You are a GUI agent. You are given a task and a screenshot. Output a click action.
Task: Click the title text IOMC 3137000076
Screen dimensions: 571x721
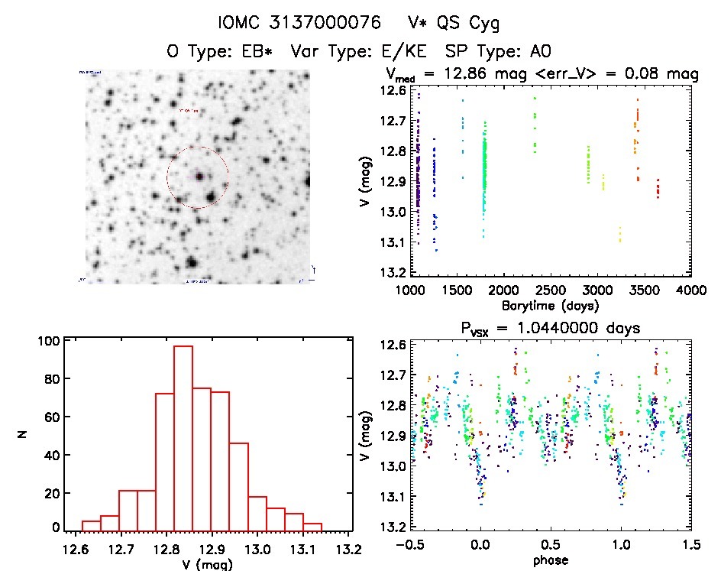click(x=293, y=24)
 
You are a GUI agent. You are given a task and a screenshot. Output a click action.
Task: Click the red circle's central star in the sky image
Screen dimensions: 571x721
click(x=199, y=177)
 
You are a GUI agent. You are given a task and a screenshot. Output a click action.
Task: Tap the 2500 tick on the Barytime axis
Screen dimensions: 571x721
click(x=550, y=290)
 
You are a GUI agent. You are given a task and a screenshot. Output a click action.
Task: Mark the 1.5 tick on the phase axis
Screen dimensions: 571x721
click(x=690, y=545)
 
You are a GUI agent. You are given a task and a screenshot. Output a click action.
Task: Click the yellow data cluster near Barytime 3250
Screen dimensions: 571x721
click(x=620, y=234)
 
